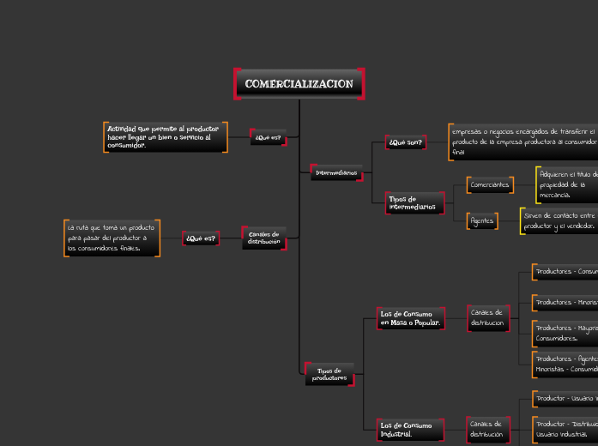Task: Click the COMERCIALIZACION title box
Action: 299,84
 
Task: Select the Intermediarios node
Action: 336,173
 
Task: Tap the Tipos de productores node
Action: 329,374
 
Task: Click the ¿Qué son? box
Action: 405,142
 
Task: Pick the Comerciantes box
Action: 491,184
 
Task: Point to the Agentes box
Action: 482,220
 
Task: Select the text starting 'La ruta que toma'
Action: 112,238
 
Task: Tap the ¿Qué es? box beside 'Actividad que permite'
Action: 269,137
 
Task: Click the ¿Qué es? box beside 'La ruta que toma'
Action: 201,238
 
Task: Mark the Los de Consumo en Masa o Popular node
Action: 411,318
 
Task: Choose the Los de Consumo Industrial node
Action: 411,429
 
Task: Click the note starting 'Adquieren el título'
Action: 567,184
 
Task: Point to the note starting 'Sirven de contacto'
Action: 559,220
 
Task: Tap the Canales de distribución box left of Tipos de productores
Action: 264,238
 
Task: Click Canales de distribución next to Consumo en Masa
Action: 488,317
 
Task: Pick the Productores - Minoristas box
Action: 565,302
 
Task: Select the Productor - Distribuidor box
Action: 565,428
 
